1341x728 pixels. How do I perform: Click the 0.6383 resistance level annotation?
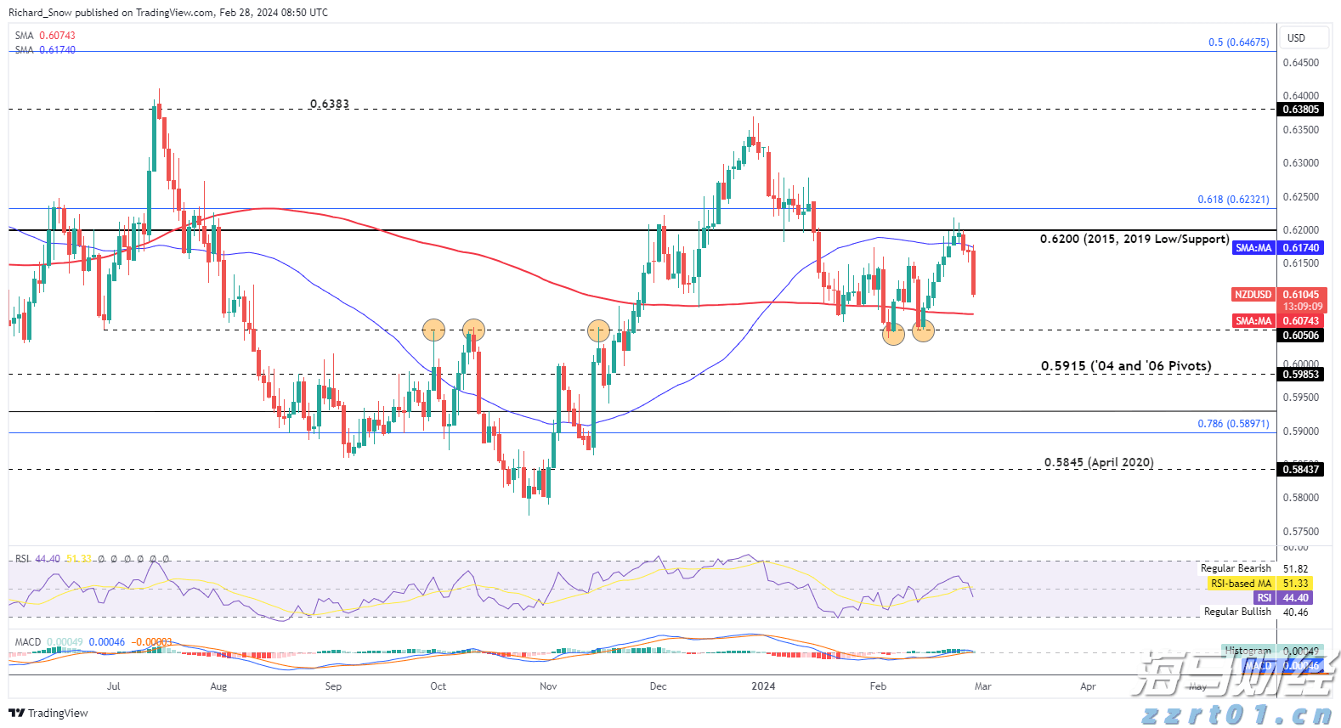tap(329, 104)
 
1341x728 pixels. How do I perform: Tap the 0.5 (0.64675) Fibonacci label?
tap(1238, 42)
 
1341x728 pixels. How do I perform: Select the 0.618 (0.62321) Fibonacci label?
tap(1233, 200)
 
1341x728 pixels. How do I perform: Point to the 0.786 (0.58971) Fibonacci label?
tap(1233, 423)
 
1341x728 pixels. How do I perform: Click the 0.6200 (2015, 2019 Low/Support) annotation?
tap(1134, 239)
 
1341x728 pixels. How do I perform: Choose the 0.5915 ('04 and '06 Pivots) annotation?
tap(1126, 366)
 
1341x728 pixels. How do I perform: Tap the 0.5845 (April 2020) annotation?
tap(1099, 462)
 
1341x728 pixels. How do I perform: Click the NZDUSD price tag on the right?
tap(1253, 295)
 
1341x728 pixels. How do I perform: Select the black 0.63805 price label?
tap(1300, 110)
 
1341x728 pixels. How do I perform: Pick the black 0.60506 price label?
tap(1300, 336)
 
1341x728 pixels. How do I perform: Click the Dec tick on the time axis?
tap(658, 686)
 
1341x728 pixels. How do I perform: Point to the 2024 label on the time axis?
tap(763, 686)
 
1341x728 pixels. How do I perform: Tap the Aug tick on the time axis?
tap(218, 686)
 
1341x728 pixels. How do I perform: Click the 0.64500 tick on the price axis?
tap(1300, 63)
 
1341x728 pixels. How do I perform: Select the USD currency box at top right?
tap(1296, 38)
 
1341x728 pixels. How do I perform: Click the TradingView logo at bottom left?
tap(48, 713)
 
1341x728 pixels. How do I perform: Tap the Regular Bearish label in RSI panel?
tap(1236, 568)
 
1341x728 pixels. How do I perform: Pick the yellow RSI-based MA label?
tap(1241, 584)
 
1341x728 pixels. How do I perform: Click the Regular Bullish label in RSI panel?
tap(1237, 612)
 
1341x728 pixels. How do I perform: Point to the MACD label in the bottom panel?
tap(28, 642)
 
